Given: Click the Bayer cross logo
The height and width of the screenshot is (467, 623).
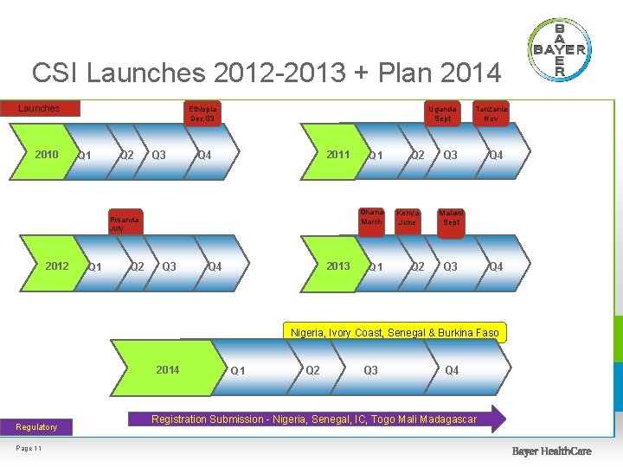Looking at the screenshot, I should (x=559, y=49).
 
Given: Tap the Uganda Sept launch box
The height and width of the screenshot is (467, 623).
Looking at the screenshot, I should (x=443, y=113).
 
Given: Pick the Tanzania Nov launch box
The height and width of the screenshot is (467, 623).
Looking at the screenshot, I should (x=491, y=113).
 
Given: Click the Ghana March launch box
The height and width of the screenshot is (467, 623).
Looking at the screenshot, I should (x=371, y=217).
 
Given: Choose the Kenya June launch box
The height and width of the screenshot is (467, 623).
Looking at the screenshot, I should (x=407, y=217).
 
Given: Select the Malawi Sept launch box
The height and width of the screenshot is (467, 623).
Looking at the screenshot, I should (x=451, y=217).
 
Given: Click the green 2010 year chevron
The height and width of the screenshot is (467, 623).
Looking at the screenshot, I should (x=47, y=155).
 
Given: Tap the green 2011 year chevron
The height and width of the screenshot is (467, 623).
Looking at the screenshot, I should (x=337, y=155).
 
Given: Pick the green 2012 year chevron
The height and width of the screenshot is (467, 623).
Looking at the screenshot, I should (x=57, y=266).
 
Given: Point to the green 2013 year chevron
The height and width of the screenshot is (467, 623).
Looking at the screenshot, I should (x=337, y=266).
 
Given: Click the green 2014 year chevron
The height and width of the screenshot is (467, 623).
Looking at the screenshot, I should (x=168, y=370).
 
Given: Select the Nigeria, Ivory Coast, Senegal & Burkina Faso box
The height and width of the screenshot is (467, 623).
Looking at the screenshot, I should (x=395, y=333).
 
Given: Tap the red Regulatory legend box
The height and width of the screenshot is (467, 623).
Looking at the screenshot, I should (x=36, y=426).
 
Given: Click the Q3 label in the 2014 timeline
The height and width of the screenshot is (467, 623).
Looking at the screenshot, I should (x=370, y=370).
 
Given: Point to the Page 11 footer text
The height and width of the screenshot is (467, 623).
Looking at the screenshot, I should (x=29, y=447).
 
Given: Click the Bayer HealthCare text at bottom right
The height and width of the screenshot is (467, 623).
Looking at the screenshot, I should (x=551, y=451).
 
